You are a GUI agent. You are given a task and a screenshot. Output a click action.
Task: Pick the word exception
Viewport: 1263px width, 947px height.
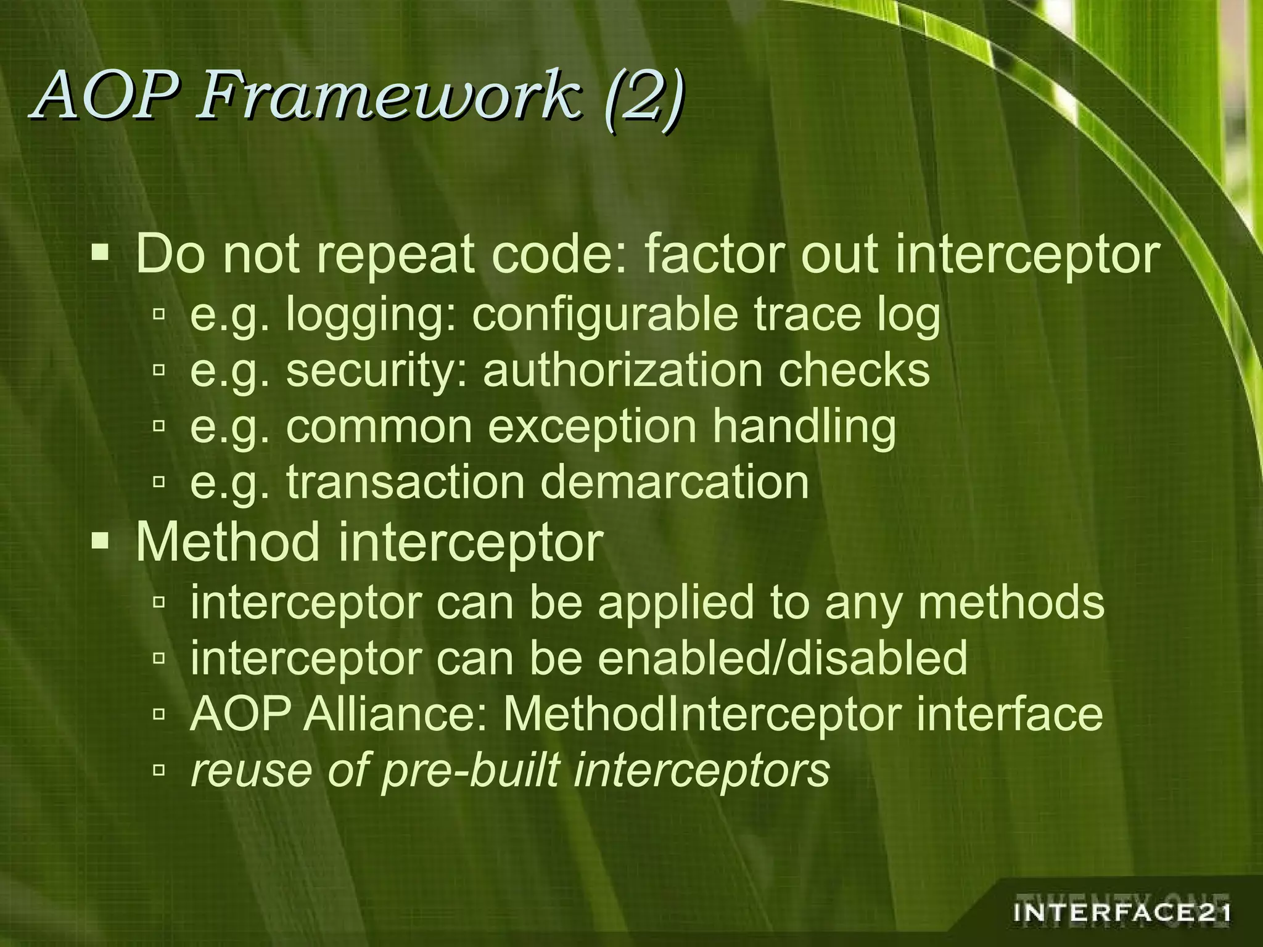(592, 427)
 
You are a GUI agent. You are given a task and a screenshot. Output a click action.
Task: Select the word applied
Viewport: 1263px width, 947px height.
(675, 602)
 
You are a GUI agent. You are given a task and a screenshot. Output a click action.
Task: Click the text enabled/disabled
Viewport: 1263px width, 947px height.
(782, 658)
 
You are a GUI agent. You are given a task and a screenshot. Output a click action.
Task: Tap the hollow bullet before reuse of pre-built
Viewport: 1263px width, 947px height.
(158, 769)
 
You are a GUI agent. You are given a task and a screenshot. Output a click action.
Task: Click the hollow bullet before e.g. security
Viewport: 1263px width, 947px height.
(158, 370)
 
